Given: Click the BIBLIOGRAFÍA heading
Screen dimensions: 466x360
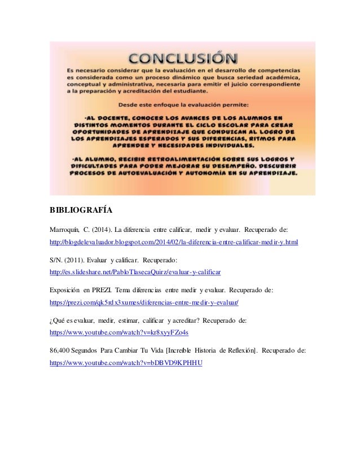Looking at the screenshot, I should point(80,211).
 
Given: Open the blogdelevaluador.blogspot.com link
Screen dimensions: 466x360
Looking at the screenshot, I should point(174,241).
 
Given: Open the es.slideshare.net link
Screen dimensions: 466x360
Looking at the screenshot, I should point(135,272).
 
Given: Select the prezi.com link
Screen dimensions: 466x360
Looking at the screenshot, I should point(144,302).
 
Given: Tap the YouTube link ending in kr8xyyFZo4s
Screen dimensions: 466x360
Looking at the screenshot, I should point(119,333).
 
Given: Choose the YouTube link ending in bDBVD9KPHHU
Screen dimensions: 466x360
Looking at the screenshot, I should point(126,363).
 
